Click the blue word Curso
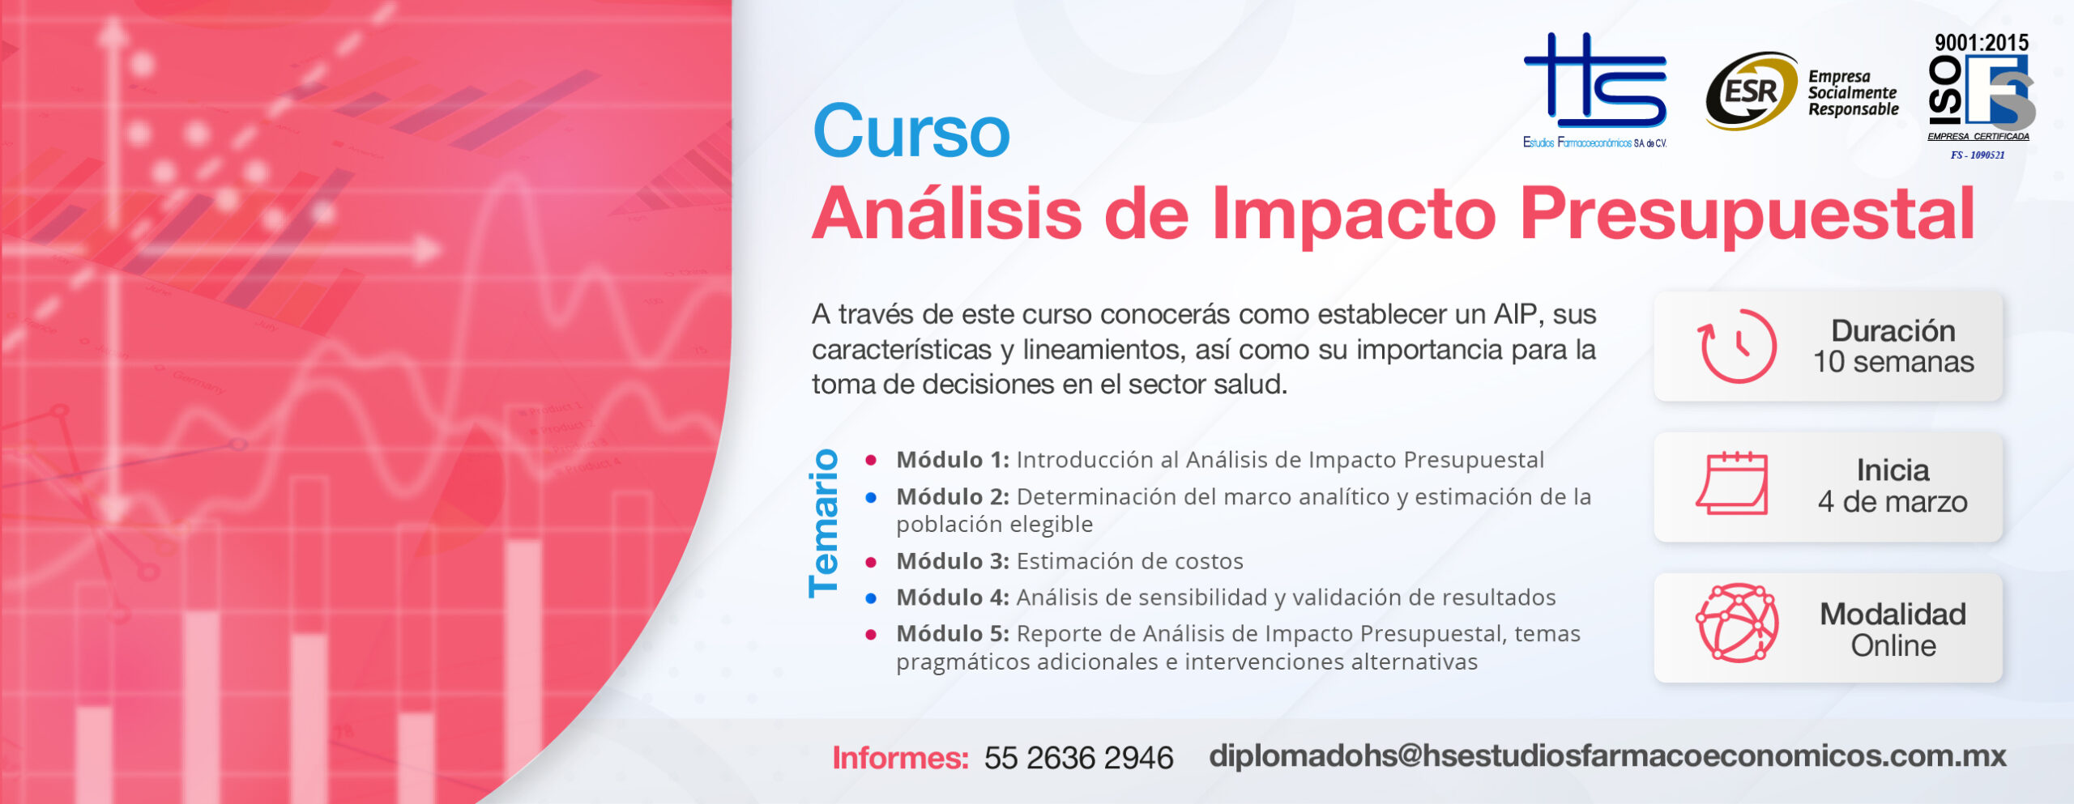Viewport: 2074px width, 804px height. (x=911, y=131)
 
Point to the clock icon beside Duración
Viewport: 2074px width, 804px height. (x=1737, y=346)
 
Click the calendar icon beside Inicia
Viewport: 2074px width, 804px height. (x=1732, y=483)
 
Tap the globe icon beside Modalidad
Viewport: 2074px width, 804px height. (x=1737, y=623)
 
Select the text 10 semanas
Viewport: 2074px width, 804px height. (x=1893, y=362)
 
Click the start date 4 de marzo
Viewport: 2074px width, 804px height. (x=1893, y=502)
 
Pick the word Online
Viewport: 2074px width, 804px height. (x=1893, y=645)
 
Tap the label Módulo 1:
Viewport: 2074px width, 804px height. (x=953, y=460)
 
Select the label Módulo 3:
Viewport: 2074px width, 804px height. (x=953, y=561)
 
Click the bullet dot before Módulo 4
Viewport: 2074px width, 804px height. (x=871, y=598)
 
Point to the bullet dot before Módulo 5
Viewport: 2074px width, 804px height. (x=871, y=635)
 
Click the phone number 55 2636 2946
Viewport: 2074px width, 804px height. (x=1078, y=758)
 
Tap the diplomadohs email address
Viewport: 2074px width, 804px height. (x=1607, y=756)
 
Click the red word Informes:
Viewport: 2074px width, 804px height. (x=900, y=759)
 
